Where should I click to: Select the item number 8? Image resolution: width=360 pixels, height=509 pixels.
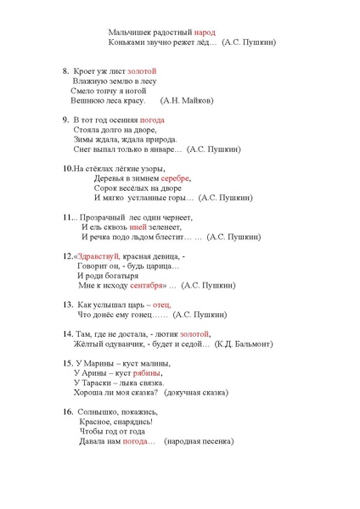click(65, 70)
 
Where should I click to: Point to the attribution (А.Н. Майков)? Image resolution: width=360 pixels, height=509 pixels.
click(187, 100)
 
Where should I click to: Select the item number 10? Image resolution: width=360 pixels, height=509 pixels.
click(67, 169)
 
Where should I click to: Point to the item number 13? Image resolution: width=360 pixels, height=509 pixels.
click(66, 304)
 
